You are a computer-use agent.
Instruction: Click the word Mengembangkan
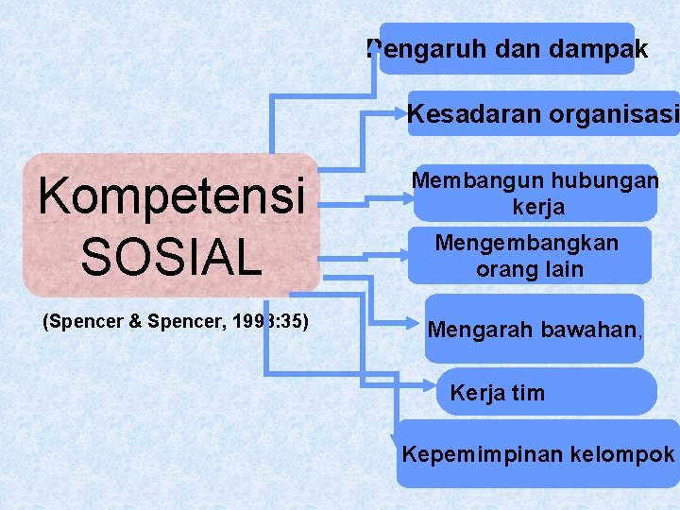coord(527,243)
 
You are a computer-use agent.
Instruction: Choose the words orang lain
coord(529,269)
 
